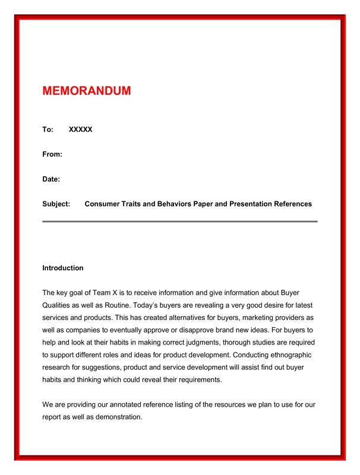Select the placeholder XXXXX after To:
click(81, 129)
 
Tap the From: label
click(52, 154)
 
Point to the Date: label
click(51, 179)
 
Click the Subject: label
click(56, 204)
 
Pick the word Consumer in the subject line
click(103, 204)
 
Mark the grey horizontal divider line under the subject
click(179, 221)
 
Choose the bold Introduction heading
click(63, 268)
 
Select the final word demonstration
click(113, 417)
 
